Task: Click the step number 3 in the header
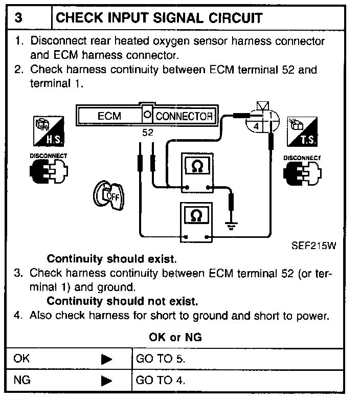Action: tap(19, 18)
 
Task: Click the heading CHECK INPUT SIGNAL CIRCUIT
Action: tap(159, 18)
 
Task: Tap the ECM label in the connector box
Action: tap(109, 116)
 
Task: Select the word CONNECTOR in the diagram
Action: tap(184, 116)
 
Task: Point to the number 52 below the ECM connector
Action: tap(148, 132)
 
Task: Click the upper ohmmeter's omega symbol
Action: tap(196, 167)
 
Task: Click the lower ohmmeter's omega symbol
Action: tap(196, 216)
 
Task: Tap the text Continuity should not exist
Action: tap(122, 300)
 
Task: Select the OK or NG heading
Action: tap(175, 337)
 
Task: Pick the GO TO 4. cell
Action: tap(161, 381)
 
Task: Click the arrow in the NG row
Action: tap(106, 381)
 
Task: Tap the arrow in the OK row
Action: tap(106, 359)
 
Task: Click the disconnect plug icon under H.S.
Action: tap(47, 170)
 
